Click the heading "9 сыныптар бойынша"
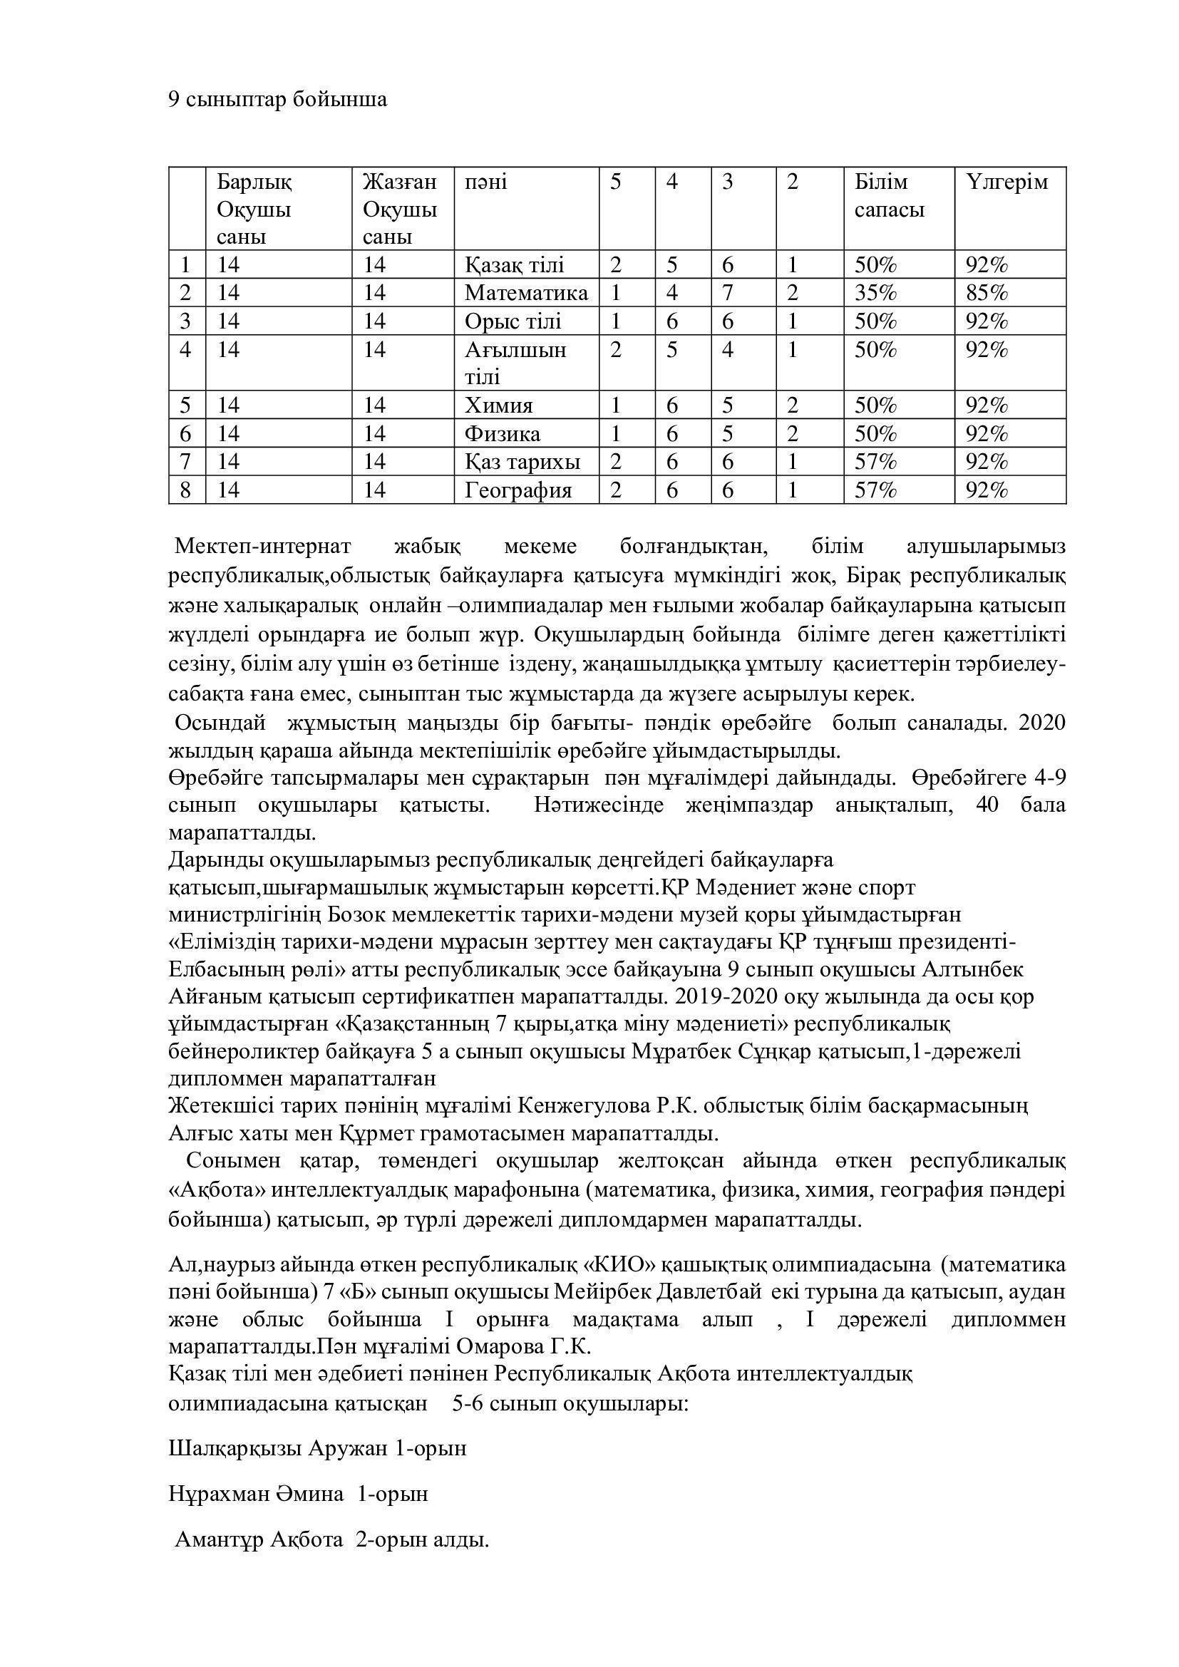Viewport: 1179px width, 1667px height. coord(277,100)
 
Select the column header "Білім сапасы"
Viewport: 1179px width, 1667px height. coord(890,196)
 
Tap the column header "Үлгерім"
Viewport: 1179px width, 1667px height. coord(1007,182)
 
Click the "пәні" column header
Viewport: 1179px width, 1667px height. coord(485,182)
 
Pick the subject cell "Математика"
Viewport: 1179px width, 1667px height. coord(525,294)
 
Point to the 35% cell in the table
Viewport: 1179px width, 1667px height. coord(875,294)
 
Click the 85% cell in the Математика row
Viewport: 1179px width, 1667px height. coord(987,294)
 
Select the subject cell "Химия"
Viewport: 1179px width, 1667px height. coord(499,406)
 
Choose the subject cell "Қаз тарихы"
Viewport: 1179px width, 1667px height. coord(522,463)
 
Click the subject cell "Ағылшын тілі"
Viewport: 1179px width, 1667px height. coord(515,363)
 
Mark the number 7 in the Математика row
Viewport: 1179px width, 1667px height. coord(728,294)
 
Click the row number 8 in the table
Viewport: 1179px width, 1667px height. coord(186,491)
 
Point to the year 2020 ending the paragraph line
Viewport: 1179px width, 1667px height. coord(1043,723)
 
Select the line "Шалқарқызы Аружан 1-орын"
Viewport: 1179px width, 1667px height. coord(317,1447)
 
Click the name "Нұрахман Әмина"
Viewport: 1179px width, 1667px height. coord(257,1494)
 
